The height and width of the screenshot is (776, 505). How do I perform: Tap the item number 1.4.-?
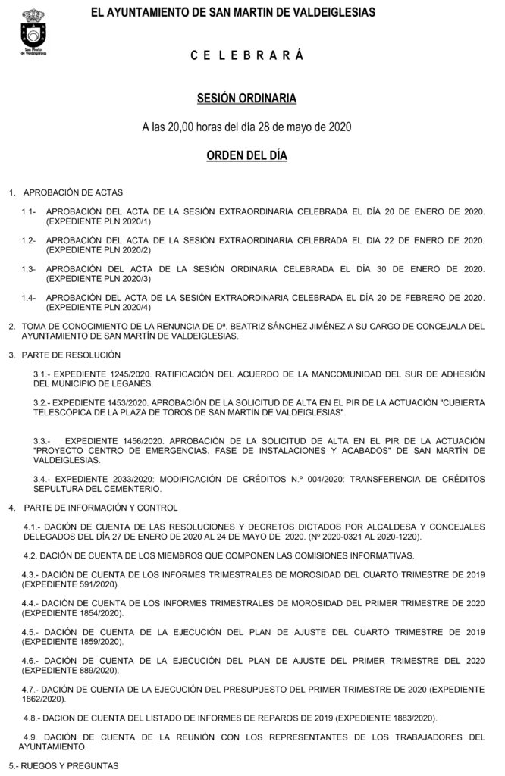click(29, 298)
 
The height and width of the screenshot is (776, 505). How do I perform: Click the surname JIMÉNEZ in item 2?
click(325, 327)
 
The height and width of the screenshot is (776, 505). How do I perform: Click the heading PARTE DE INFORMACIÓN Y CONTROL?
click(101, 506)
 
